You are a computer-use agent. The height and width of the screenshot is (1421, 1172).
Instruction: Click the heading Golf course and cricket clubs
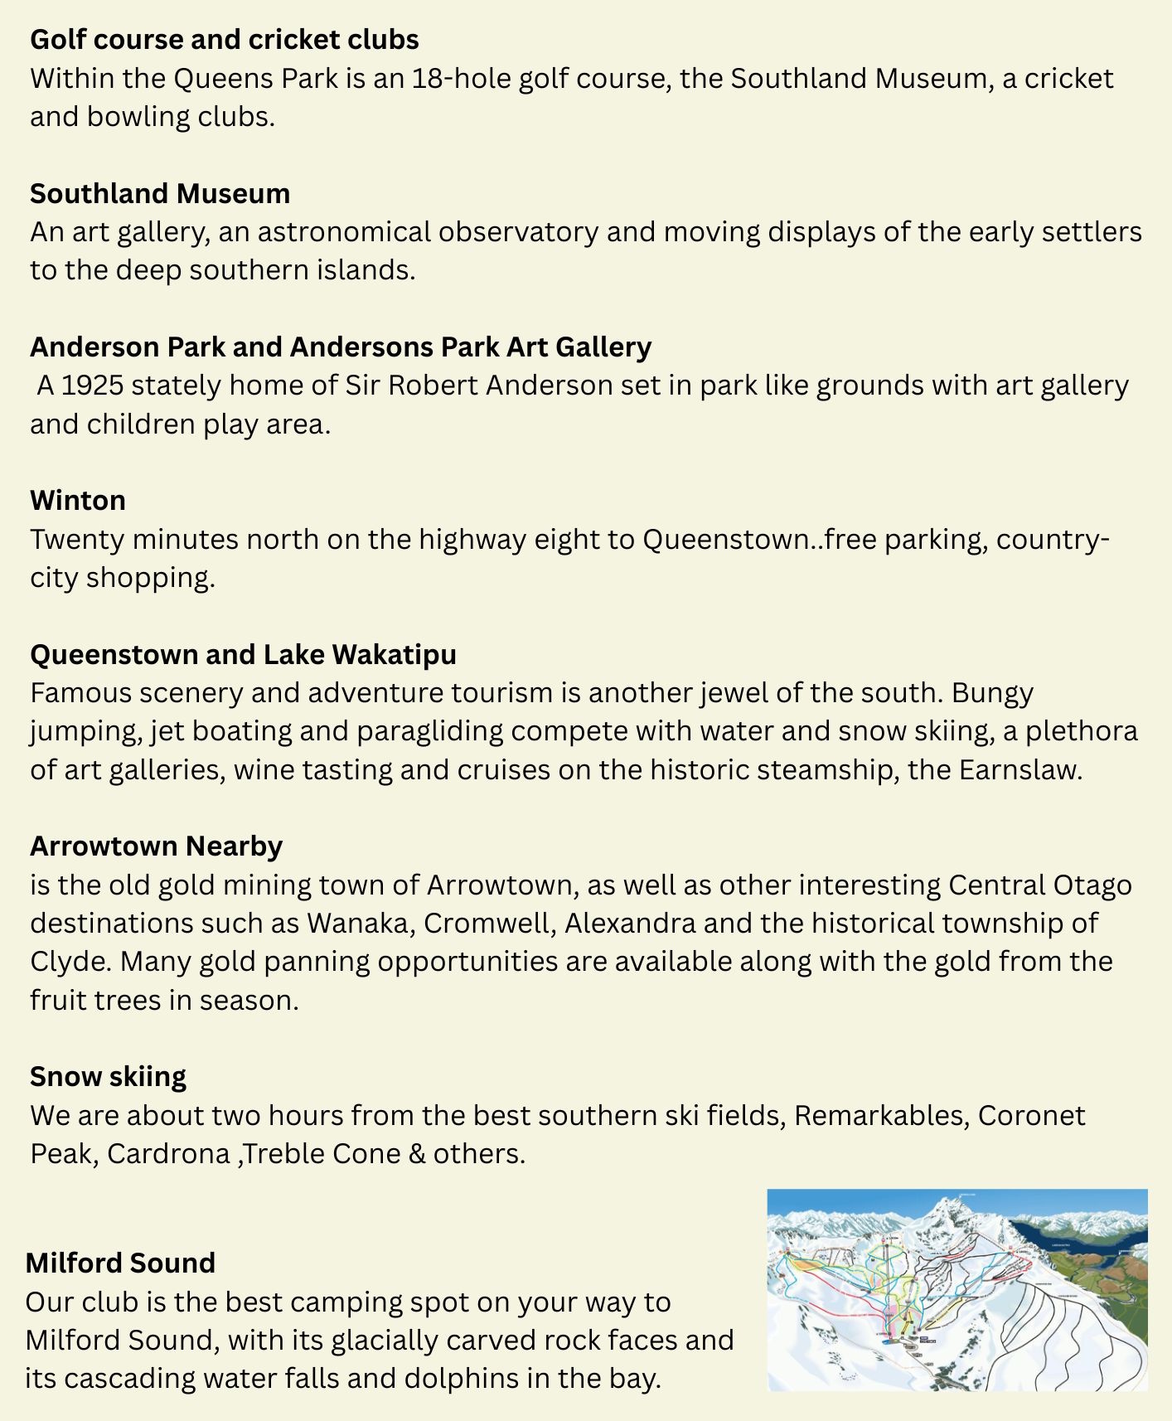[224, 40]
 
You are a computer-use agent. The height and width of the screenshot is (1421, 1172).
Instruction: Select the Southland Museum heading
[160, 193]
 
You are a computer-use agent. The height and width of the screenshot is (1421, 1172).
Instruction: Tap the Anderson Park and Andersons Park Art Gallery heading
[341, 347]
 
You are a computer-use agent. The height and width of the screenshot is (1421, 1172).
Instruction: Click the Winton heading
[78, 500]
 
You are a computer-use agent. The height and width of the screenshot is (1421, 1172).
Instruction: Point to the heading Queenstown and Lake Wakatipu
[243, 654]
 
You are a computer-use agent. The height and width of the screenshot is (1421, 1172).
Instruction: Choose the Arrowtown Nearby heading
[156, 846]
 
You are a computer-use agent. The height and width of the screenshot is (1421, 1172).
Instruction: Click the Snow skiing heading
[108, 1076]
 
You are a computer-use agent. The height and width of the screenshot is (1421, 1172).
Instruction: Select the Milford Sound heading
[120, 1263]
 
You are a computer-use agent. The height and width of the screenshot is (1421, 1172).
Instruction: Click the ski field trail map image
[957, 1290]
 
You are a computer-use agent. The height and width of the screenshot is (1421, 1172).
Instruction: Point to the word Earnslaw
[1019, 769]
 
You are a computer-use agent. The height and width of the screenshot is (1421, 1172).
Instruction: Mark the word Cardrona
[168, 1153]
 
